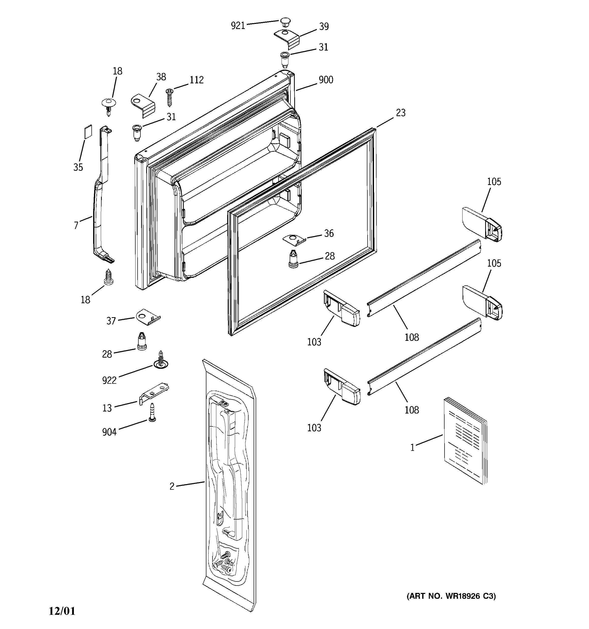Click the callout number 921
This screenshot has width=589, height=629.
click(238, 26)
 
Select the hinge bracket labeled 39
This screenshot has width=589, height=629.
click(286, 38)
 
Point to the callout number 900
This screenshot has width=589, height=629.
click(326, 80)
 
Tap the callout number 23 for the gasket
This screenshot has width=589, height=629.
click(401, 113)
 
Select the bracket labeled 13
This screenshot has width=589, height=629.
click(154, 393)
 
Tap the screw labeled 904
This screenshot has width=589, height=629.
click(152, 412)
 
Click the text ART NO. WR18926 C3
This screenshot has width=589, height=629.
click(451, 596)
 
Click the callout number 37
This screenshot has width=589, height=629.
click(111, 321)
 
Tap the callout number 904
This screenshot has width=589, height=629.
click(109, 432)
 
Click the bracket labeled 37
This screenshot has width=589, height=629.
click(148, 317)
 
